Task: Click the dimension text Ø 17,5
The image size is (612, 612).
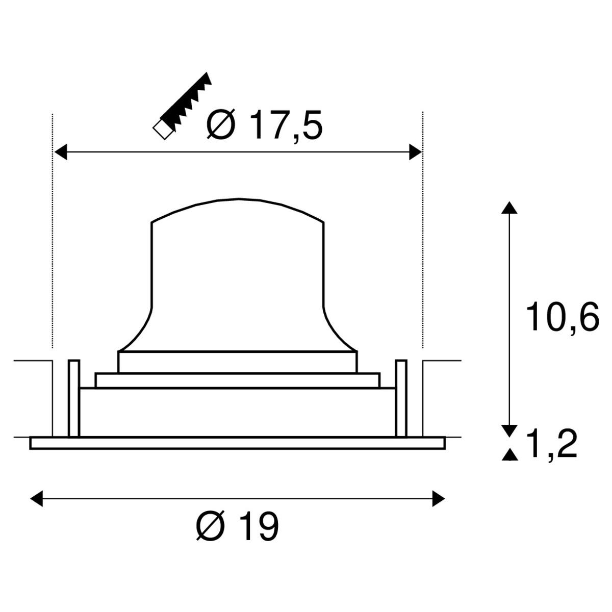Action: click(265, 124)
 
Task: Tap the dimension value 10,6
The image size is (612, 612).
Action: click(563, 317)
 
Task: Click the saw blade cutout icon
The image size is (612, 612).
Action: click(182, 106)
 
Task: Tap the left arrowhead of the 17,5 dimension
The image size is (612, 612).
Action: click(61, 152)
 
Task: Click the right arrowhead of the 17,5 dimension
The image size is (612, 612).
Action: click(416, 152)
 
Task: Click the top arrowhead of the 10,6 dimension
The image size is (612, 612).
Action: click(509, 208)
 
